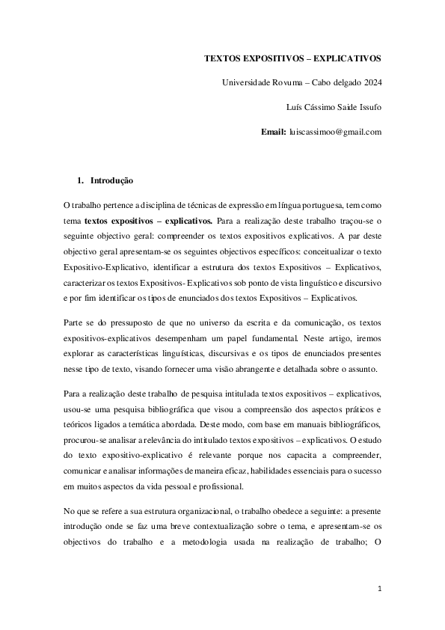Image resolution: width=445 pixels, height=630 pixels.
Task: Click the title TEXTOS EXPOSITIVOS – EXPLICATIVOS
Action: click(x=293, y=58)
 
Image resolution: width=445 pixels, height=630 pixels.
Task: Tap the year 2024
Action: click(x=369, y=82)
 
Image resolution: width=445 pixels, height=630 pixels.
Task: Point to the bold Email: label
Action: click(x=273, y=132)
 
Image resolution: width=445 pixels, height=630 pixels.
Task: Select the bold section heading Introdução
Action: click(x=111, y=180)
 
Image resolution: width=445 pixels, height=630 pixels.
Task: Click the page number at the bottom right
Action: click(x=379, y=589)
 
